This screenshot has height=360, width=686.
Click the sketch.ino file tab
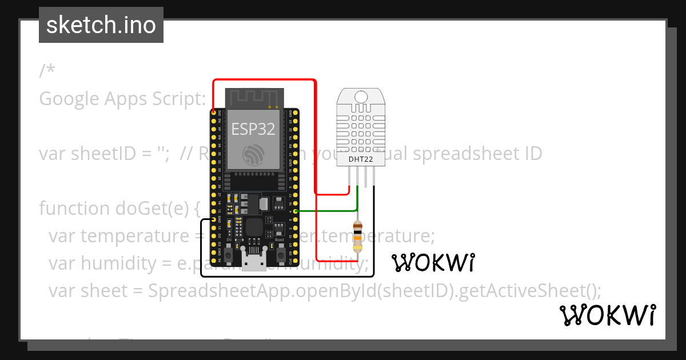pyautogui.click(x=101, y=25)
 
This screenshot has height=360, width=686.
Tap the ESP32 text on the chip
pyautogui.click(x=253, y=128)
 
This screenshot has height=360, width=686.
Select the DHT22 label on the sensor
pyautogui.click(x=361, y=159)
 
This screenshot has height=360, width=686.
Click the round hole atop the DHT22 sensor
pyautogui.click(x=360, y=97)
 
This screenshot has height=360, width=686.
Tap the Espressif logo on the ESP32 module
pyautogui.click(x=253, y=154)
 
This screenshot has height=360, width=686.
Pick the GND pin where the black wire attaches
pyautogui.click(x=213, y=219)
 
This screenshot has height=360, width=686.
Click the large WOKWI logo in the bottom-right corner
pyautogui.click(x=607, y=315)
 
